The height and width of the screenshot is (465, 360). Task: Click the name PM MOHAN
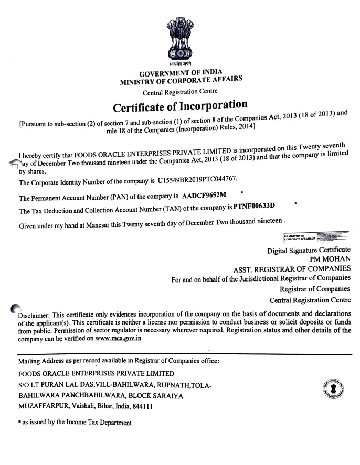[x=331, y=258]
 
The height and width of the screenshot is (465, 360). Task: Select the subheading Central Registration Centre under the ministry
[x=180, y=93]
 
